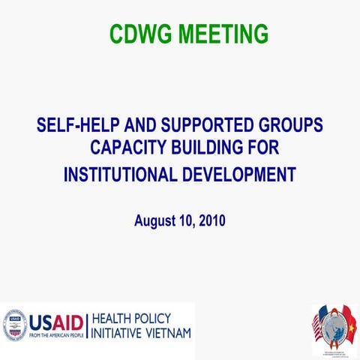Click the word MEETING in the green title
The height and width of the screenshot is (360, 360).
point(221,33)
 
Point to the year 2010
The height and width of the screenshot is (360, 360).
point(212,220)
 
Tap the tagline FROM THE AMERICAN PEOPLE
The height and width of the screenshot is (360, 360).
point(55,334)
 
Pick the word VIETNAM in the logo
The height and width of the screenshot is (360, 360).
point(166,332)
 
